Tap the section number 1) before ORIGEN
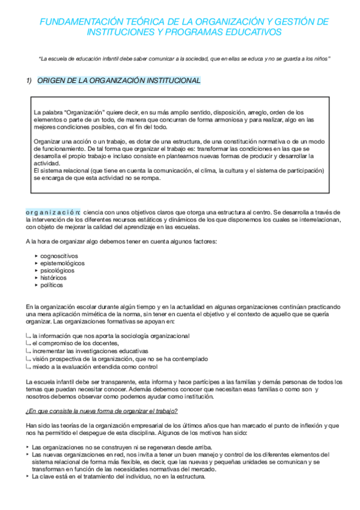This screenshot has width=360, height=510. (28, 80)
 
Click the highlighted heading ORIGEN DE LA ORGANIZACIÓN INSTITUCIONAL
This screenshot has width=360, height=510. (119, 80)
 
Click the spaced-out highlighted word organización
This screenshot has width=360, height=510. (53, 212)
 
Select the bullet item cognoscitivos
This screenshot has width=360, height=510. (59, 256)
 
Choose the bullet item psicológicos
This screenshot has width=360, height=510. (58, 271)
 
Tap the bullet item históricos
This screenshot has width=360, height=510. (53, 278)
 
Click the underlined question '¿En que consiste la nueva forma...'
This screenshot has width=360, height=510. (102, 411)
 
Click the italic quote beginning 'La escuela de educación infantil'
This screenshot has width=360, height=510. (183, 58)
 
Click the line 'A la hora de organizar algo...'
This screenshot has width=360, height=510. (121, 241)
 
